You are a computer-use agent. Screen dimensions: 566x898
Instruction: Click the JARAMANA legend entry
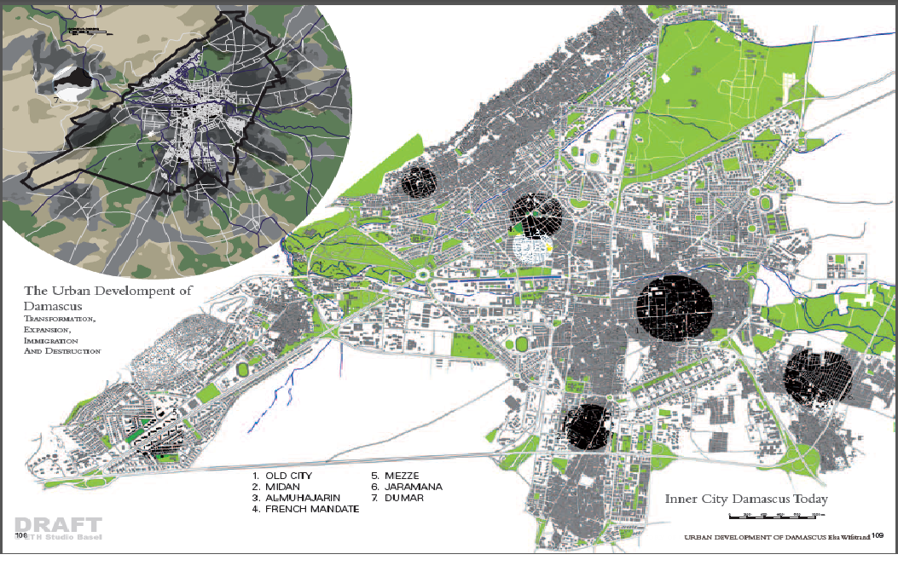tap(413, 487)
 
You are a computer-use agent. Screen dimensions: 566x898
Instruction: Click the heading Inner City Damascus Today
tap(746, 500)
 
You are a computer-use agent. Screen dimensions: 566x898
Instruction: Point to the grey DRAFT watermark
tap(58, 525)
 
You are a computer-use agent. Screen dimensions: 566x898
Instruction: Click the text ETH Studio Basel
tap(63, 537)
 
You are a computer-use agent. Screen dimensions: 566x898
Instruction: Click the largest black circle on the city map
tap(675, 304)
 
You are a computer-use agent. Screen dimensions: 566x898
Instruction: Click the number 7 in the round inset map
tap(55, 100)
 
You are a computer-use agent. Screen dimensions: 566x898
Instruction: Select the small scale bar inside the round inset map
tap(89, 32)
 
